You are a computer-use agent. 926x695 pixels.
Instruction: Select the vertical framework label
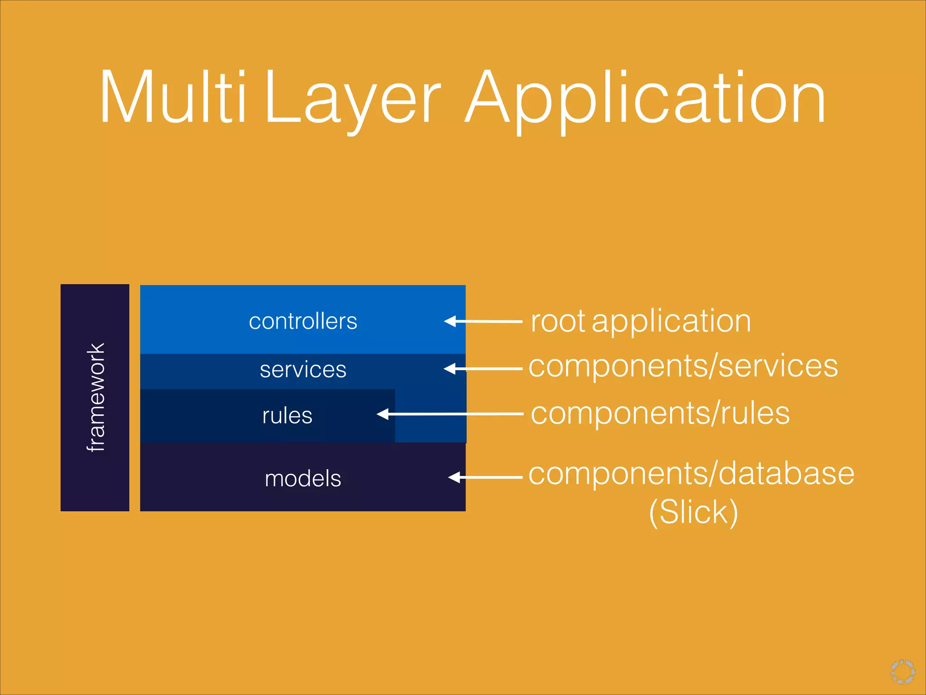click(96, 397)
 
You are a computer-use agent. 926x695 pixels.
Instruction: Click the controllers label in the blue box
click(303, 321)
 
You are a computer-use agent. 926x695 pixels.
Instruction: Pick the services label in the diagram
click(303, 370)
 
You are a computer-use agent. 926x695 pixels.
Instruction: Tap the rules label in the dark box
click(287, 415)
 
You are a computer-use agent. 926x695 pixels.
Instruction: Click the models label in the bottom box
click(303, 478)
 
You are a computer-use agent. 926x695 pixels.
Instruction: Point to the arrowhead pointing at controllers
click(450, 321)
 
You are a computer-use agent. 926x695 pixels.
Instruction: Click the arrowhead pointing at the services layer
click(450, 369)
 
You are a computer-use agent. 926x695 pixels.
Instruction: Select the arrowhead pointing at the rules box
click(383, 414)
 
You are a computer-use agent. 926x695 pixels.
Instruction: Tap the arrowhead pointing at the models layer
click(454, 477)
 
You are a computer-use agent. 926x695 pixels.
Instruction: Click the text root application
click(641, 321)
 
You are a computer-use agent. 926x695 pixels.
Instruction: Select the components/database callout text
click(691, 474)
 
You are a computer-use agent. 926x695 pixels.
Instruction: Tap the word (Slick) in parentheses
click(693, 512)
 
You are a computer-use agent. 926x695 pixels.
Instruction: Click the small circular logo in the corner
click(903, 671)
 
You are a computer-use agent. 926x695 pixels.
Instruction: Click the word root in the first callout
click(558, 321)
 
